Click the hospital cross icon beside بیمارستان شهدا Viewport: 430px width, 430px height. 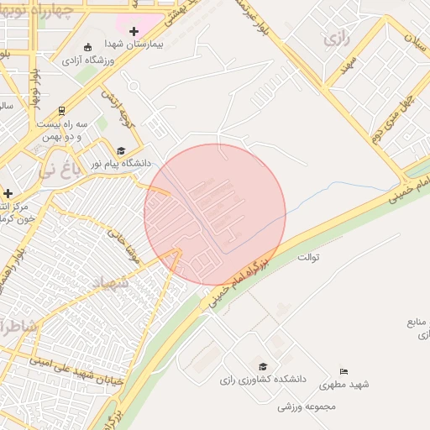tap(134, 31)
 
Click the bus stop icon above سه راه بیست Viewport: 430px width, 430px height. tap(62, 110)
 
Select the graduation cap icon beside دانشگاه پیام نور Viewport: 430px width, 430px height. tap(120, 150)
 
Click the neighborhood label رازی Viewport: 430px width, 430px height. tap(337, 39)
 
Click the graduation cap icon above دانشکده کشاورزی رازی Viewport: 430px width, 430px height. tap(263, 367)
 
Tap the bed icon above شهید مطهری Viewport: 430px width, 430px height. tap(343, 371)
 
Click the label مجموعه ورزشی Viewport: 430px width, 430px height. tap(307, 406)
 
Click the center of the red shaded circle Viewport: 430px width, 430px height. tap(215, 214)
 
